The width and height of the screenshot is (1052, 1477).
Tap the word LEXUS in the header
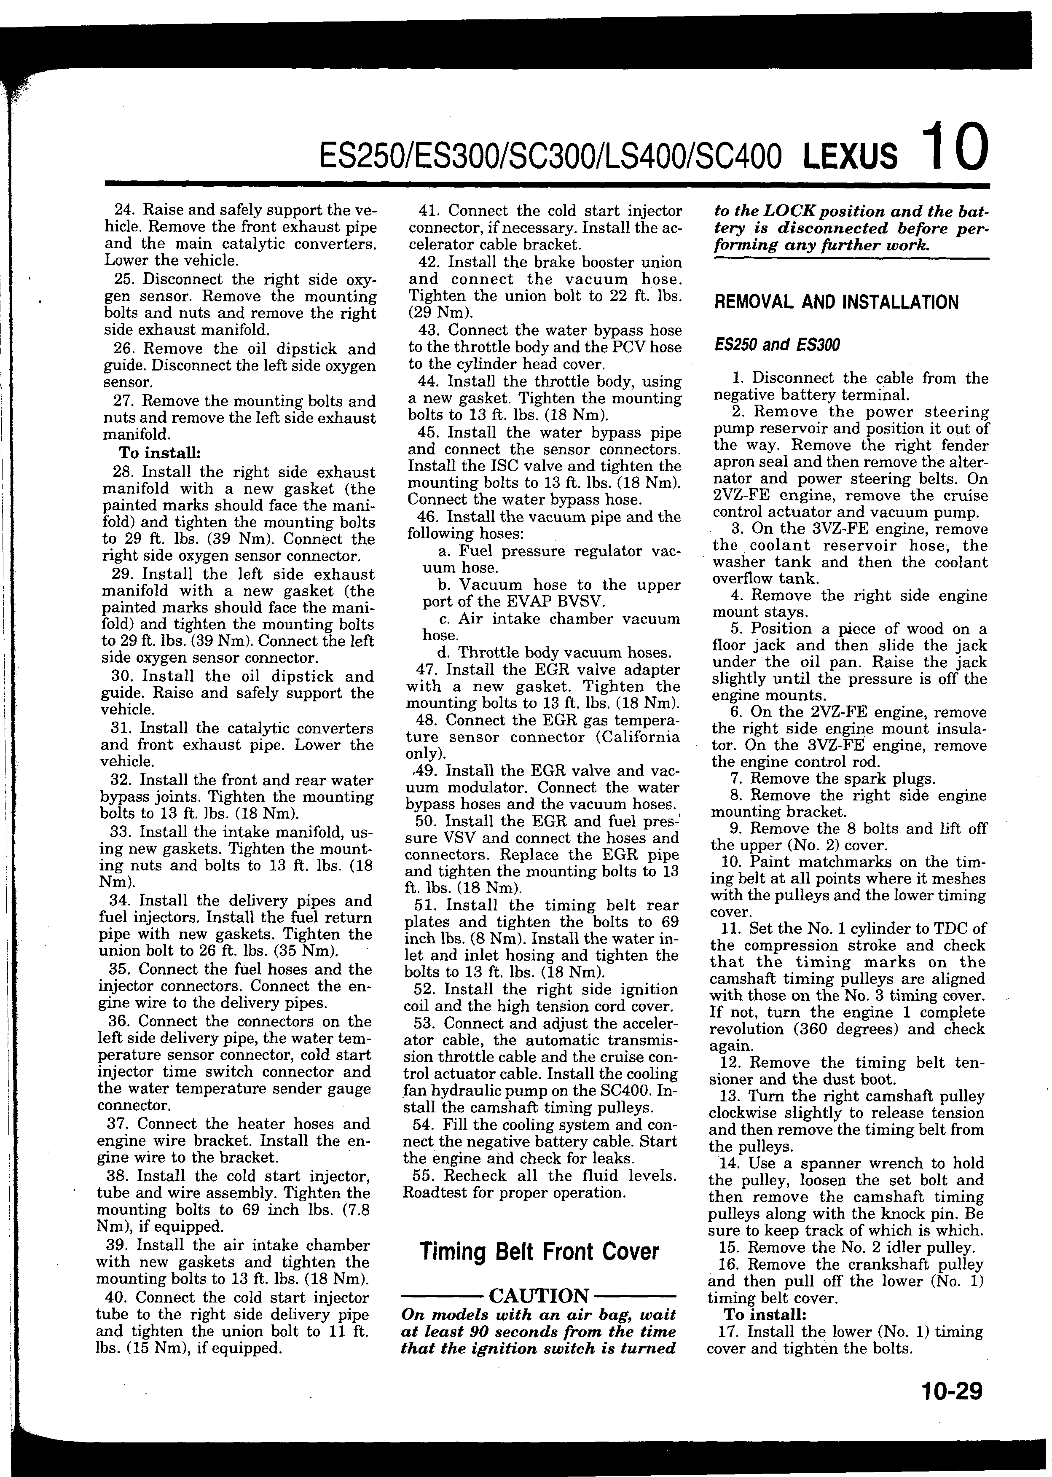[850, 157]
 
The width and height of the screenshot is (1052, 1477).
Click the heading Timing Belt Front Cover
[539, 1251]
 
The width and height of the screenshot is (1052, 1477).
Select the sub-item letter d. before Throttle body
[444, 653]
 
